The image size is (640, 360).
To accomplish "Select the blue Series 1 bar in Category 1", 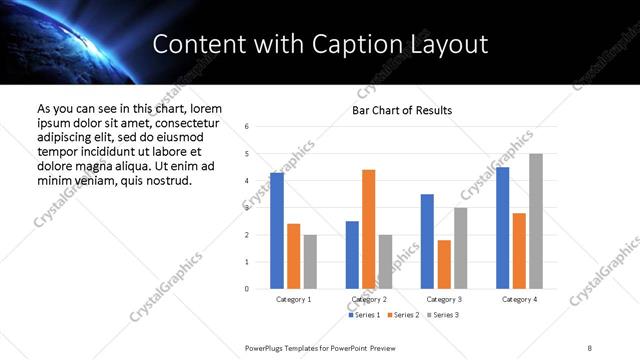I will point(277,230).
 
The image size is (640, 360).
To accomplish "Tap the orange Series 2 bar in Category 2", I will point(368,229).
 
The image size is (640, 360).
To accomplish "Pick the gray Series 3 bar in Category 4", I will point(536,221).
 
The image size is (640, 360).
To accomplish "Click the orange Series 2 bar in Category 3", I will point(444,264).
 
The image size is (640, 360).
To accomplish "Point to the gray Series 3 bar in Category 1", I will point(310,261).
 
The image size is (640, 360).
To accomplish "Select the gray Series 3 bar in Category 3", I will point(460,248).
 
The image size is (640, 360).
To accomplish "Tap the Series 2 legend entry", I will point(403,315).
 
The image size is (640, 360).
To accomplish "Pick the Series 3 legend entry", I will point(443,315).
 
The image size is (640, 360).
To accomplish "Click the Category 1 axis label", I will point(293,299).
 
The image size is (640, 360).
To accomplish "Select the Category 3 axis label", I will point(443,299).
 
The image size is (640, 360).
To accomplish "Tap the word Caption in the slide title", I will point(371,44).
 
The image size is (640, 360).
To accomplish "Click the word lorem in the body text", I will point(201,108).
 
